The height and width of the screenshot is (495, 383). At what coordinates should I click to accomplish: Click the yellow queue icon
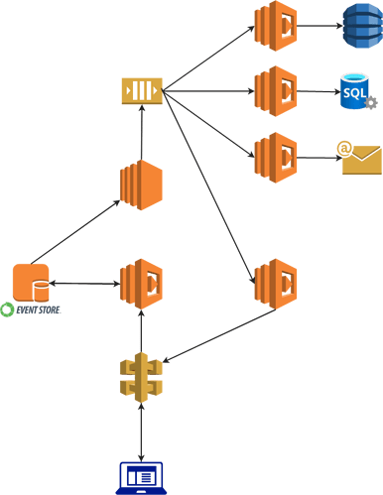tap(142, 90)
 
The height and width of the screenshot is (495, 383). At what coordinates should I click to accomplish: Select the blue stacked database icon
tap(361, 26)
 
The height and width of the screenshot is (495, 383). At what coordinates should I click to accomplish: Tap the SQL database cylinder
tap(354, 91)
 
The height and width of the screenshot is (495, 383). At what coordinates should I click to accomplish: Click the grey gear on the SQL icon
tap(371, 102)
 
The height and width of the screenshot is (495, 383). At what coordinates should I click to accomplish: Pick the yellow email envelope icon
tap(362, 160)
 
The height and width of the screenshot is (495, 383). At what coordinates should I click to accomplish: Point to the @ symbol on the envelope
tap(344, 149)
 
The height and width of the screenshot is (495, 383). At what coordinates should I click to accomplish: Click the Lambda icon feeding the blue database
tap(275, 26)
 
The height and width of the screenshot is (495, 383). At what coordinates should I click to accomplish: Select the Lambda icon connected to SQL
tap(275, 91)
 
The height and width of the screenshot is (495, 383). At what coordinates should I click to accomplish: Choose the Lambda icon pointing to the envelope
tap(275, 157)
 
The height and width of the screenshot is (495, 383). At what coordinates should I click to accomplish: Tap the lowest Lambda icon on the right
tap(275, 284)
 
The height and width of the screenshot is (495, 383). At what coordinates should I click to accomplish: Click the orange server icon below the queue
tap(141, 185)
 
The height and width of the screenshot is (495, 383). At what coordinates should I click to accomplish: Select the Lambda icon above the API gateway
tap(141, 284)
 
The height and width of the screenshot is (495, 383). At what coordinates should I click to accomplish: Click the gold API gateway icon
tap(141, 377)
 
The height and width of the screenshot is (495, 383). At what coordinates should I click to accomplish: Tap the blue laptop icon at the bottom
tap(141, 477)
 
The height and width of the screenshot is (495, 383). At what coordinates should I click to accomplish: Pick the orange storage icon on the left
tap(31, 283)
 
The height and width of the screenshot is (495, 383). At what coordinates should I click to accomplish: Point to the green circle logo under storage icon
tap(8, 309)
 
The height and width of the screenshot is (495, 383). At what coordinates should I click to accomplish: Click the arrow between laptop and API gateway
tap(141, 430)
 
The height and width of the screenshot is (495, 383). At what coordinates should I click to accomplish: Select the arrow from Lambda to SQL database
tap(318, 91)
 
